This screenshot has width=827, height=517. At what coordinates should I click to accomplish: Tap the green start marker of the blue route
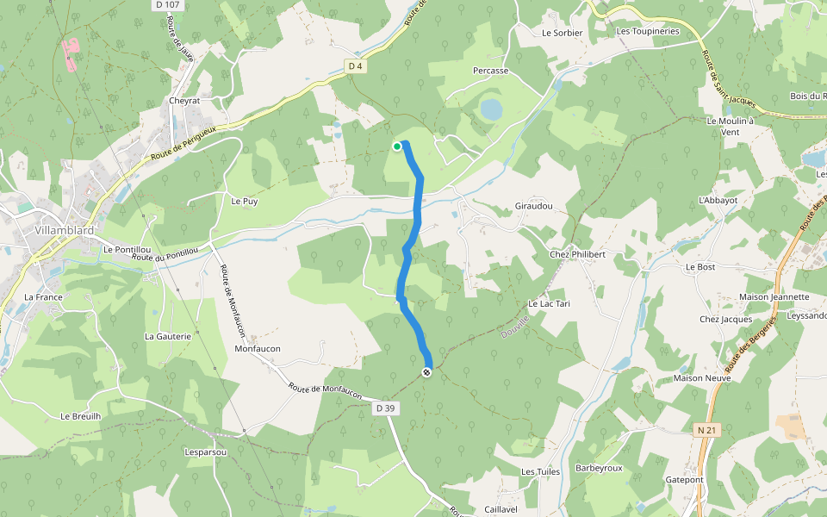click(397, 146)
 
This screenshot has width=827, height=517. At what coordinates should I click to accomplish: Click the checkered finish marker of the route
click(426, 371)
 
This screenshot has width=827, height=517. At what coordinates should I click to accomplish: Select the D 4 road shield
click(356, 65)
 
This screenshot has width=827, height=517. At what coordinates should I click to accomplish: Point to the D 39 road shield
click(385, 407)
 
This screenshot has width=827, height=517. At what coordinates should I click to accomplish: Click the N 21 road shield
click(706, 429)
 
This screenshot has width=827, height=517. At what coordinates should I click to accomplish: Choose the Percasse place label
click(491, 71)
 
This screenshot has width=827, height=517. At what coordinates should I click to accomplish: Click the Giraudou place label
click(533, 207)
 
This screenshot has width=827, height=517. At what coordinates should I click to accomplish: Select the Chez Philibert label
click(577, 254)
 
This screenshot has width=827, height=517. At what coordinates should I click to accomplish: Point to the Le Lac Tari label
click(549, 304)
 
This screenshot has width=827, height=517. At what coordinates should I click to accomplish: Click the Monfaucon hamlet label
click(258, 349)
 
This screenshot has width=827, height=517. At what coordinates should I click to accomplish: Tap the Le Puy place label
click(245, 201)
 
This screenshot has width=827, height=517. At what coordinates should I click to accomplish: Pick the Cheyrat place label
click(184, 101)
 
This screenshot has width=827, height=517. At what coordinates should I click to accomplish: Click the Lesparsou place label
click(205, 452)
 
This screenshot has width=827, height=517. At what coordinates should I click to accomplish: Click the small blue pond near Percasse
click(491, 109)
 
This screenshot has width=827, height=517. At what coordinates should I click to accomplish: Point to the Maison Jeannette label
click(774, 297)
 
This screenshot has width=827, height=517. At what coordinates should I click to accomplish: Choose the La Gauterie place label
click(168, 336)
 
